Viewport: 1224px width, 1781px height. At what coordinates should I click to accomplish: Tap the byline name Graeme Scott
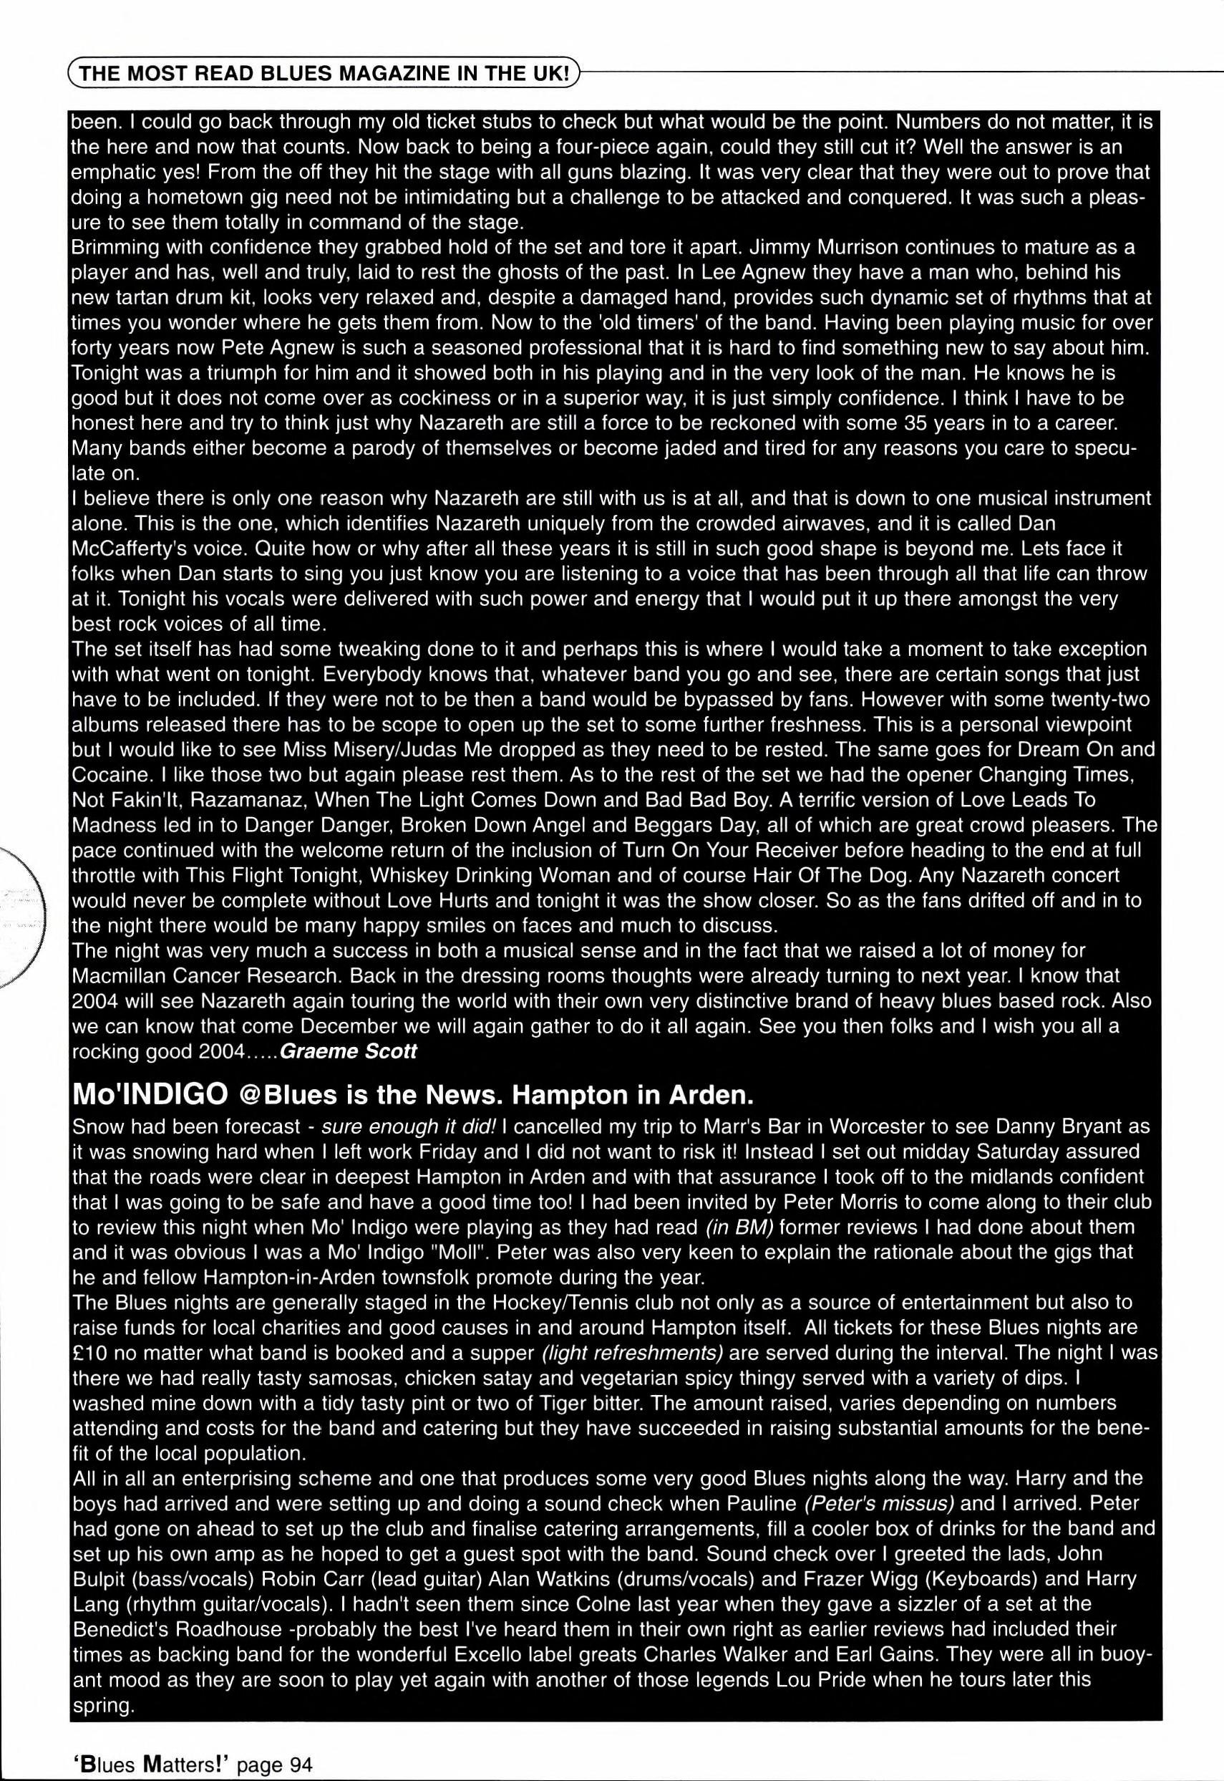coord(349,1051)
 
